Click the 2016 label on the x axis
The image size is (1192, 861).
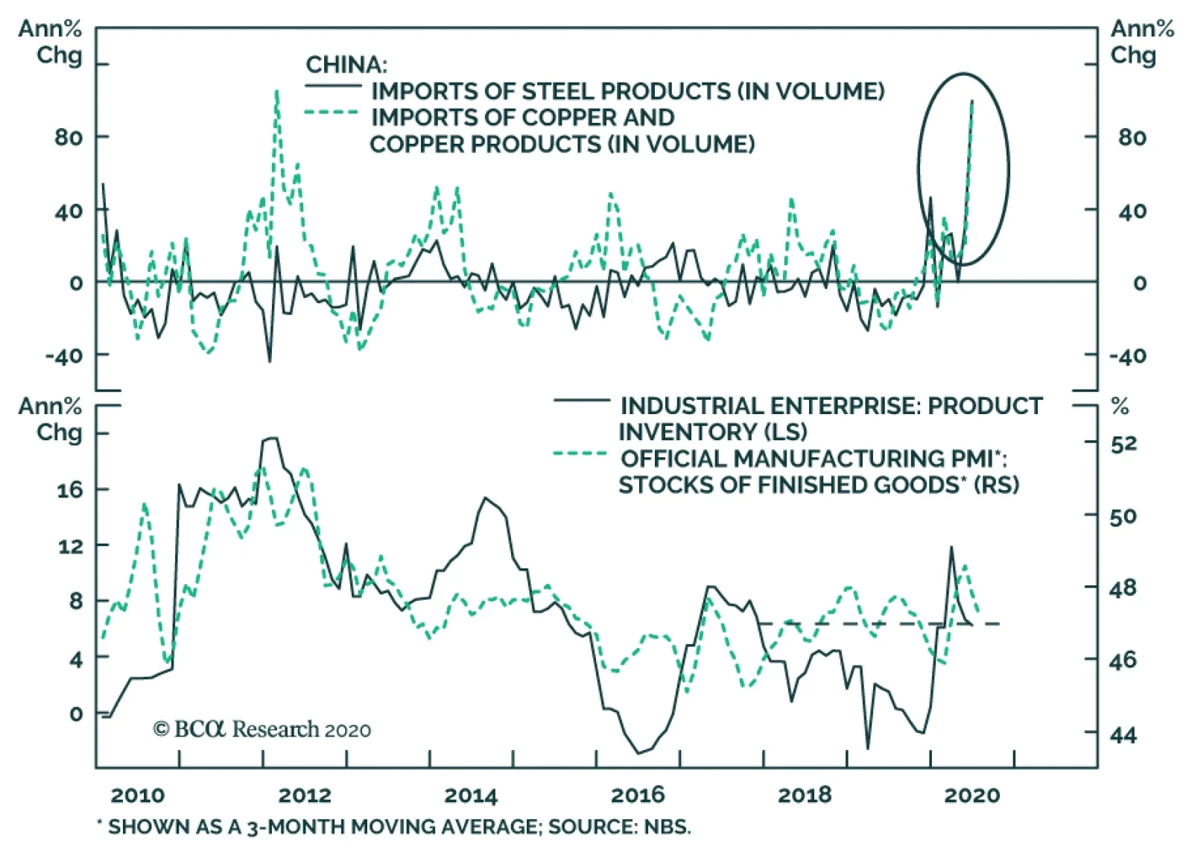(638, 795)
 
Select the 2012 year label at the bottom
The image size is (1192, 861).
(304, 795)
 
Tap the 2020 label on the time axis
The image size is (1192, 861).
(971, 795)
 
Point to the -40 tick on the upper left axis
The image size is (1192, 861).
(64, 355)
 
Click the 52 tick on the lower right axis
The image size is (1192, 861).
(1123, 444)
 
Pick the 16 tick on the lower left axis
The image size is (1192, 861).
(70, 489)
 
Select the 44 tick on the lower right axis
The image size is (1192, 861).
(1123, 735)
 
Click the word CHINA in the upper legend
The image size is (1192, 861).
(345, 65)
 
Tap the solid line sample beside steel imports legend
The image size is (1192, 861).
(332, 87)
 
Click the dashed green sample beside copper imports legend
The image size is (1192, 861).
(332, 113)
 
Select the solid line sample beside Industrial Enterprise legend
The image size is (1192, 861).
(581, 401)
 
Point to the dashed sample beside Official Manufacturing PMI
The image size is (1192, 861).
(581, 453)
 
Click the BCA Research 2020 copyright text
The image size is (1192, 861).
(261, 729)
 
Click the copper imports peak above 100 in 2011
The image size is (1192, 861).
(277, 92)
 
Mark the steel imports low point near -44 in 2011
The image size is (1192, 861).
(270, 361)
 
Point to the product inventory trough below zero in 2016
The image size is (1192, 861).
(638, 753)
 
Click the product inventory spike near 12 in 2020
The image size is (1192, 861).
(951, 547)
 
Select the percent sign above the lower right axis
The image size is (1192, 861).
(1120, 407)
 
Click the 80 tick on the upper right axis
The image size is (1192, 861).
(1132, 137)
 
